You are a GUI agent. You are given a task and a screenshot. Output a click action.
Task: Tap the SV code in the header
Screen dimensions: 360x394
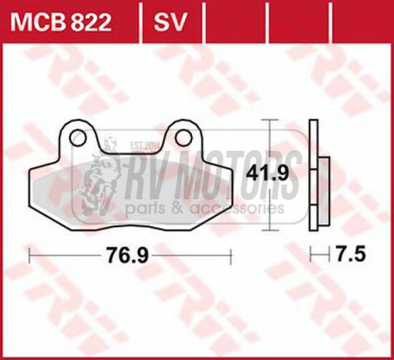coord(168,18)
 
